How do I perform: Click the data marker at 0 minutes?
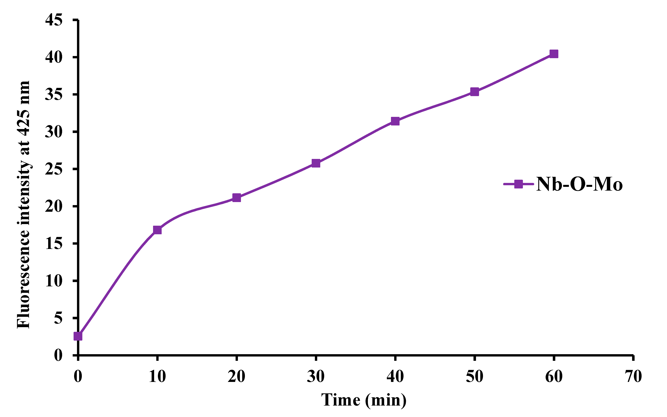pos(78,336)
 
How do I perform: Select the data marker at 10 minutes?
pos(157,230)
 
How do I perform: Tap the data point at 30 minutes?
pos(316,163)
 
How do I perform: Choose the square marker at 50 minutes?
pos(474,92)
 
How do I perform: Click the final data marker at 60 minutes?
pos(554,54)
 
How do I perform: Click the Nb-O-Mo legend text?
pos(579,184)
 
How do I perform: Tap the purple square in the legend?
pos(519,184)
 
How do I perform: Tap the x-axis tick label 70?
pos(633,376)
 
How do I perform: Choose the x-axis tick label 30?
pos(316,376)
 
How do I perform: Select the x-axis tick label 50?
pos(474,376)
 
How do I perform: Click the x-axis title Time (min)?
pos(364,400)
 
